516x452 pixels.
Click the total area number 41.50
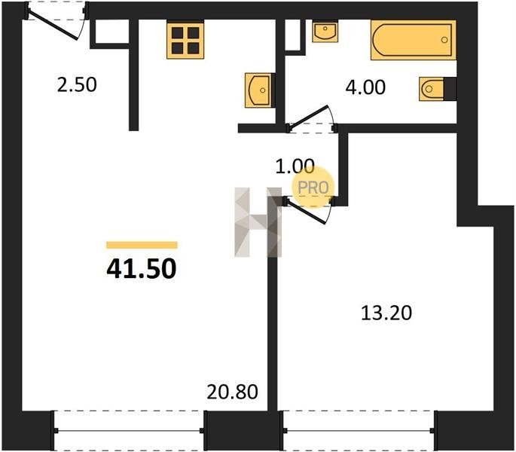point(142,269)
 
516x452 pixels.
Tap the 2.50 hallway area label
point(77,84)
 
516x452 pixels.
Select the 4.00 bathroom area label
point(365,87)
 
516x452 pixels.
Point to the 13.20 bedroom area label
point(386,313)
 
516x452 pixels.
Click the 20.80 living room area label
point(232,392)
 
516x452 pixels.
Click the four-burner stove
point(185,41)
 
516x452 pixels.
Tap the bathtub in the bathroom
point(414,40)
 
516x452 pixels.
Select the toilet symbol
point(432,89)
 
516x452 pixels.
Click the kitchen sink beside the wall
point(258,90)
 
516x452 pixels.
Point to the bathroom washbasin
point(325,32)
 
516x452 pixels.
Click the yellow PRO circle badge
point(313,187)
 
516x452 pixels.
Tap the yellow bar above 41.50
point(142,245)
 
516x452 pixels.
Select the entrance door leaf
point(53,25)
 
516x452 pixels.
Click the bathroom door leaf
point(308,117)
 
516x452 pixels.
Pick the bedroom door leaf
point(306,212)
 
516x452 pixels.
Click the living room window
point(129,430)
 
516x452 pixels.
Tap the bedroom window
point(359,430)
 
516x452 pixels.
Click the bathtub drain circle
point(444,40)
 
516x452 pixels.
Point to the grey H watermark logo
point(258,222)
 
